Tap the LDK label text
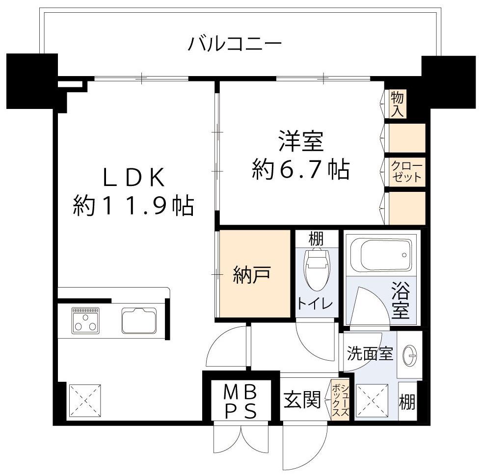click(x=134, y=178)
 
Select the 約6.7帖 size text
click(x=301, y=170)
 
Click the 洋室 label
click(x=301, y=141)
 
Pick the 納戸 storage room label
click(x=252, y=274)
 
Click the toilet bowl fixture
click(x=317, y=268)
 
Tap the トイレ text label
click(x=316, y=303)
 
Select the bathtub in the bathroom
click(x=383, y=254)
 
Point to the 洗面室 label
click(x=370, y=353)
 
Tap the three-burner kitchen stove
click(x=85, y=321)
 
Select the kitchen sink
click(x=139, y=320)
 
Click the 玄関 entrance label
click(x=302, y=399)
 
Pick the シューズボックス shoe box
click(x=340, y=400)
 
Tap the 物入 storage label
click(x=398, y=104)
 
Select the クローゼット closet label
click(x=406, y=172)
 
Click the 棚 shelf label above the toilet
click(x=316, y=238)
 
